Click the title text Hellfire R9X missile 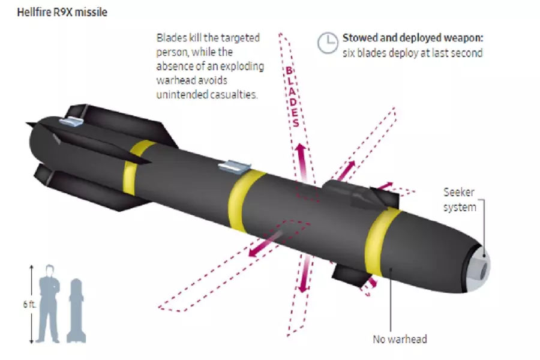pyautogui.click(x=62, y=13)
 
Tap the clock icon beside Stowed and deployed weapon pyautogui.click(x=328, y=43)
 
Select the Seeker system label pyautogui.click(x=460, y=200)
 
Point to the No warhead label pyautogui.click(x=400, y=340)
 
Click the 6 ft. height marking pyautogui.click(x=29, y=305)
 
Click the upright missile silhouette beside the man pyautogui.click(x=76, y=311)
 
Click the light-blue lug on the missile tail pyautogui.click(x=71, y=121)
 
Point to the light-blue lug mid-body pyautogui.click(x=234, y=166)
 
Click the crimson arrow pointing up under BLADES pyautogui.click(x=302, y=162)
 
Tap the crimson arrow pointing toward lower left pyautogui.click(x=265, y=244)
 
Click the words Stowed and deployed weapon pyautogui.click(x=413, y=38)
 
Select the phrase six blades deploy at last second pyautogui.click(x=413, y=53)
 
